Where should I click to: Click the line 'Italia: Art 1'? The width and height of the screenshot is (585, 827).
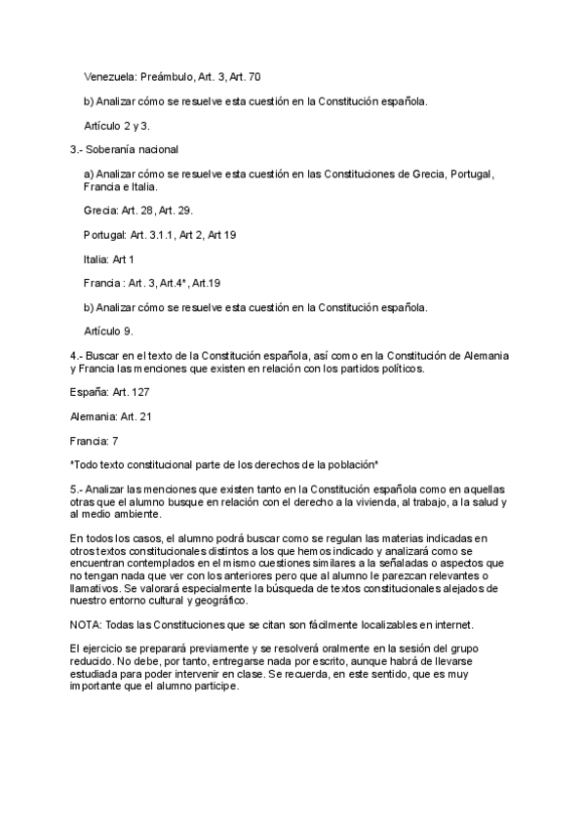109,259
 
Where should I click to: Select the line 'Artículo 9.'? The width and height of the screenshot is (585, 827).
108,331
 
